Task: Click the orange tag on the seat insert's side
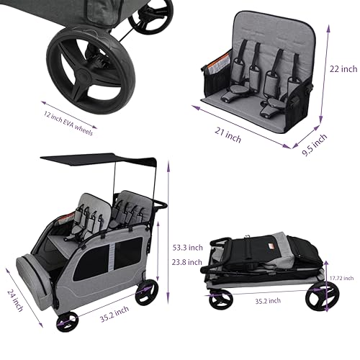pyautogui.click(x=215, y=69)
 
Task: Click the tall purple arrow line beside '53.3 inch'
pyautogui.click(x=168, y=230)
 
